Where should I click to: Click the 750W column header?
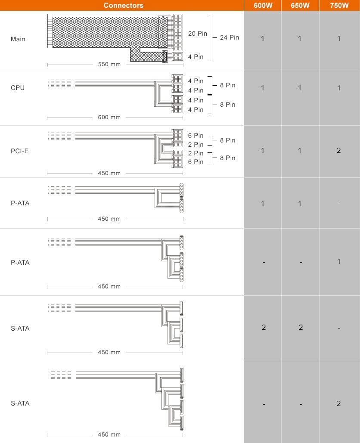339,6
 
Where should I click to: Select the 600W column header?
263,6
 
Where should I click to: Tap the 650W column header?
300,6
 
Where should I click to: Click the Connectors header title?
124,6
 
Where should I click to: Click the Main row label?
18,39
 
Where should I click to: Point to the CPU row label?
18,88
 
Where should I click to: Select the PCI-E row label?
20,151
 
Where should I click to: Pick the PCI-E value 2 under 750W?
339,150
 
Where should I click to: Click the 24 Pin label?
229,37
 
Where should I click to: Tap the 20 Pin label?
198,33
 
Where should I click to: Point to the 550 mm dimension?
109,65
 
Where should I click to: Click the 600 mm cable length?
109,118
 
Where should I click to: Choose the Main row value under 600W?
263,39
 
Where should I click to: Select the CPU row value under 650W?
300,88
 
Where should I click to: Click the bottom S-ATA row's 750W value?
339,403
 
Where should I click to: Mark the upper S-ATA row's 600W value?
264,327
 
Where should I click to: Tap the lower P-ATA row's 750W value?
339,261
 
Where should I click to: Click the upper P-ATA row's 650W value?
300,203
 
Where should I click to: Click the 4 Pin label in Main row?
196,57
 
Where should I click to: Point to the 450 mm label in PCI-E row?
109,173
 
